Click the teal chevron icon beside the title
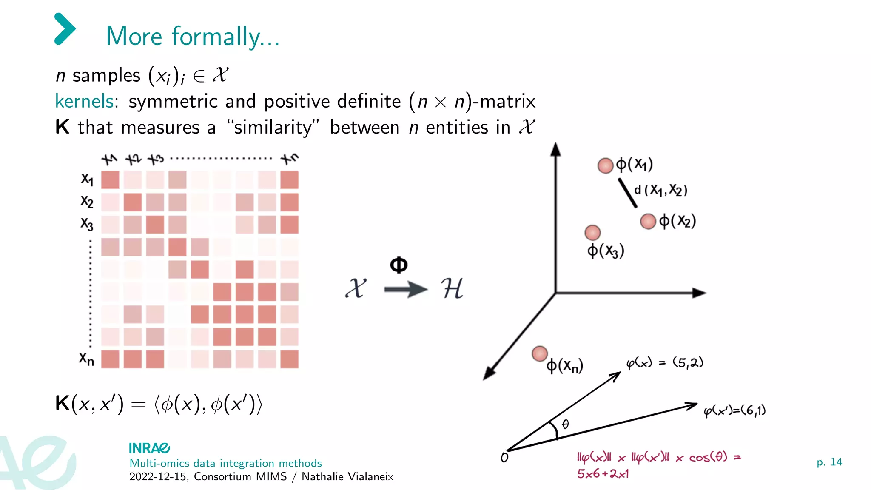65,29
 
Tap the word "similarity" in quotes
273,127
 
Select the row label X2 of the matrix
87,201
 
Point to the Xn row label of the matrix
86,359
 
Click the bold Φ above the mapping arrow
398,265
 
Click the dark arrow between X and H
405,290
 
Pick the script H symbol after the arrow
452,289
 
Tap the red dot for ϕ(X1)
605,165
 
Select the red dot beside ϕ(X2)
648,221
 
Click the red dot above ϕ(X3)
592,232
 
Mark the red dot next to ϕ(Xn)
540,353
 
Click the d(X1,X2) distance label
660,190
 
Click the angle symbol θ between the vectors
565,424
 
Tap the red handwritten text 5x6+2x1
603,473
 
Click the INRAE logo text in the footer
149,448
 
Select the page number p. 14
829,462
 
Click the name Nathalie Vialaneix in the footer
347,476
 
